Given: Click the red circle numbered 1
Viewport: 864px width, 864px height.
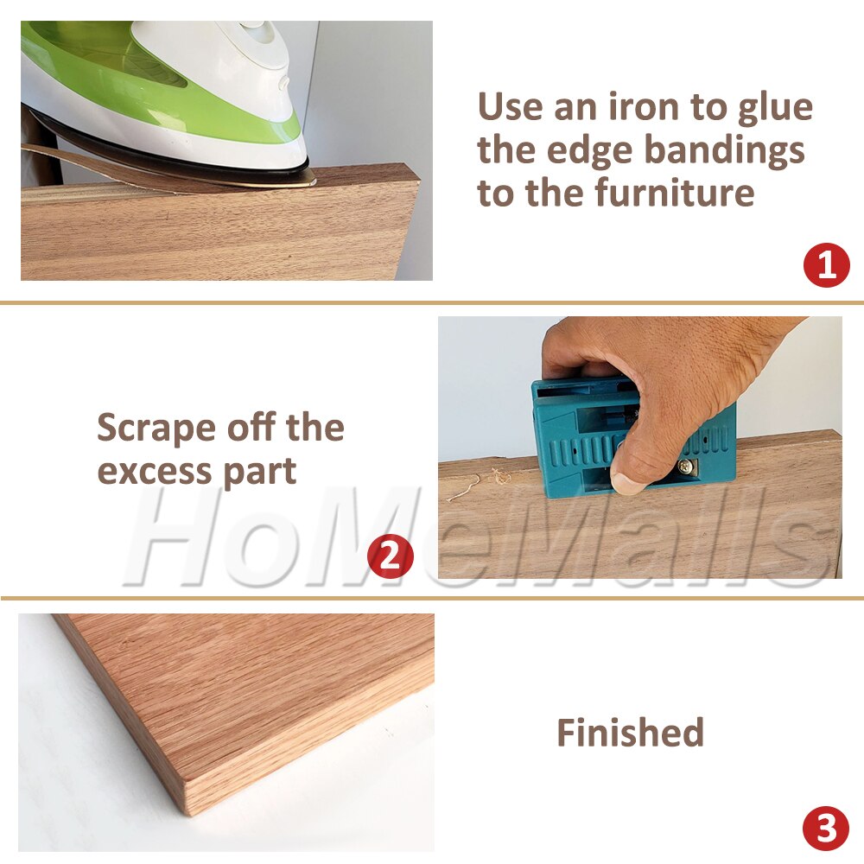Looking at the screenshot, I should tap(827, 265).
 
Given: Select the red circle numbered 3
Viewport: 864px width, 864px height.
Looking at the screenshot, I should tap(826, 830).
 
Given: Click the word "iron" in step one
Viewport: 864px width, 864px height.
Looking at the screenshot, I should tap(623, 108).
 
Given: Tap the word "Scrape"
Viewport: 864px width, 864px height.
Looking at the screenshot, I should tap(156, 429).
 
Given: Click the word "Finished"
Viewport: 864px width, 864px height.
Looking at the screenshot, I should tap(630, 733).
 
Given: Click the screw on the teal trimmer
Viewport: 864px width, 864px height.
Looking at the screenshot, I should tap(686, 466).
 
